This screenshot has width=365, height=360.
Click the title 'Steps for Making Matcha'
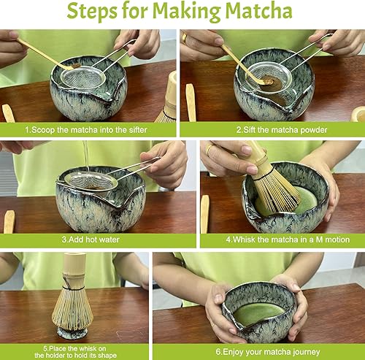182,13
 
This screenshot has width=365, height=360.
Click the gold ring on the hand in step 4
209,150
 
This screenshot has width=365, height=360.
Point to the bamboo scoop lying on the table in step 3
9,221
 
